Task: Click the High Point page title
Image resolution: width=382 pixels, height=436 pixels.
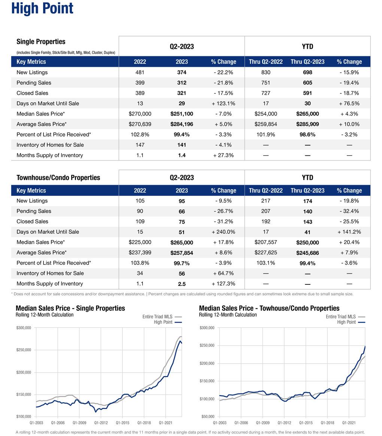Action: point(42,8)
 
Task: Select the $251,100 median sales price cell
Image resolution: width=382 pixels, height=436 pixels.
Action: point(182,114)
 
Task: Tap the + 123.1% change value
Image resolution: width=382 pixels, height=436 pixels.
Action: point(223,103)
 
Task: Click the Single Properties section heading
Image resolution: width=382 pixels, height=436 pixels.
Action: point(41,42)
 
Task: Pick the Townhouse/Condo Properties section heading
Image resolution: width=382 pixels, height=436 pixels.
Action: point(58,177)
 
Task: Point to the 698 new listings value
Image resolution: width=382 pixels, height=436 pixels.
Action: point(307,72)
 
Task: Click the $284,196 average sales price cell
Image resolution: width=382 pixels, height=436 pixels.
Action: point(182,124)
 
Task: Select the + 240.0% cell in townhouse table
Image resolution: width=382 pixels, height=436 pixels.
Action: point(223,232)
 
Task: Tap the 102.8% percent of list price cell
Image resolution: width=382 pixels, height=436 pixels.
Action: point(140,134)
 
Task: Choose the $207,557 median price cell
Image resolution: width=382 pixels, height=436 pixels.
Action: point(266,242)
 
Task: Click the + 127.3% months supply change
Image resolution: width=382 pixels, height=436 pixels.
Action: point(223,284)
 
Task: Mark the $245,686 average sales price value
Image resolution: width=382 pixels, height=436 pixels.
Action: point(307,253)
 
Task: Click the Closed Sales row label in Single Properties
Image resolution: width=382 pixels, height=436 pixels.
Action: point(32,93)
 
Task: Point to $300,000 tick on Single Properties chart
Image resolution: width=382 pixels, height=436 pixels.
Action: point(24,328)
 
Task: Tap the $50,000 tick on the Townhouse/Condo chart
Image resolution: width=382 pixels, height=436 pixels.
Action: point(207,416)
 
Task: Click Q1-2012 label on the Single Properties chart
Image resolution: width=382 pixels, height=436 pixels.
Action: point(101,422)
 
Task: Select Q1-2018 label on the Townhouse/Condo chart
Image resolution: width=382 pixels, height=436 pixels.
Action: point(327,422)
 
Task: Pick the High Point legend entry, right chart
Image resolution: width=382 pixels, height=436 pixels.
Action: point(346,322)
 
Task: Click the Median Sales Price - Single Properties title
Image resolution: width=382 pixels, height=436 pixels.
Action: point(70,308)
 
